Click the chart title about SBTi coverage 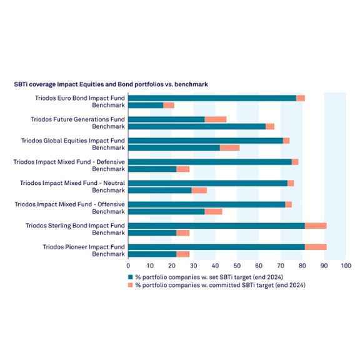tap(111, 84)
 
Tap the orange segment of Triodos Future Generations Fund tap(216, 119)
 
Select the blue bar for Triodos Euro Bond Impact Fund tap(212, 98)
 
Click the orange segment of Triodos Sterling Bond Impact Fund tap(316, 226)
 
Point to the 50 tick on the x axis tap(237, 266)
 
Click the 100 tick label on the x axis tap(346, 266)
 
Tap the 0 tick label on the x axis tap(128, 266)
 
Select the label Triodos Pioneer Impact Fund tap(84, 247)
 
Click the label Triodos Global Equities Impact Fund tap(73, 141)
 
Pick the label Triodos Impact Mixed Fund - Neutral tap(72, 183)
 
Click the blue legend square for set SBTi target tap(131, 277)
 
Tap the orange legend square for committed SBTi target tap(131, 285)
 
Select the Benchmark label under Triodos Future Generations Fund tap(108, 126)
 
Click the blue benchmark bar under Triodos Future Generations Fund tap(197, 126)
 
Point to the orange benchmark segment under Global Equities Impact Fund tap(230, 148)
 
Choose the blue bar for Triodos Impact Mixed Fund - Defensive tap(210, 162)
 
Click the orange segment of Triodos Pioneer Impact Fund tap(316, 247)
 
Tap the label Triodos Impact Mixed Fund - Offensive tap(70, 204)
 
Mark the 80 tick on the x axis tap(302, 266)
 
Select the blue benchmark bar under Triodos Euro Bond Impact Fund tap(146, 106)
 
